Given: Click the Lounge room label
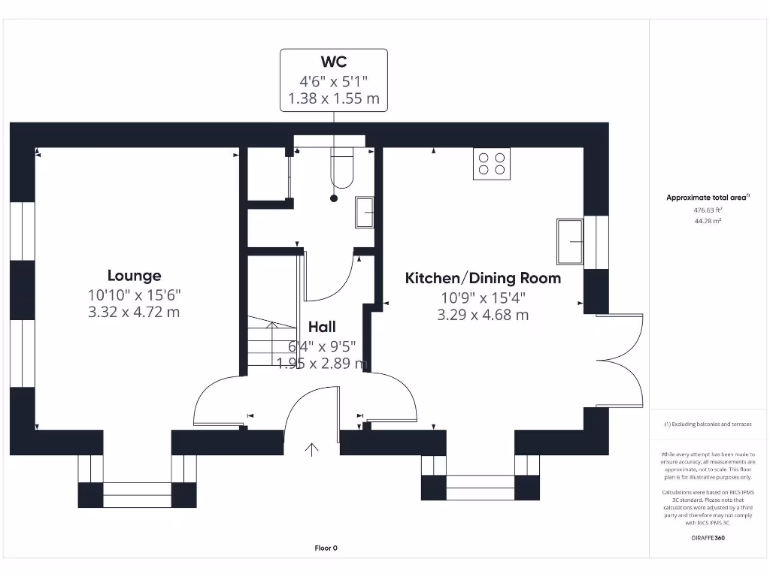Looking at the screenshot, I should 134,276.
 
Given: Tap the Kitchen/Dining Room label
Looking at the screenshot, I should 483,278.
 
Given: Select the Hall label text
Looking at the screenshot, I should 322,327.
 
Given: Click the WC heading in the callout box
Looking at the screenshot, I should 334,62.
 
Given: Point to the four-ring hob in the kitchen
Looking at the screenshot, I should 491,164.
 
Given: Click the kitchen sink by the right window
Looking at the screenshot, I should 570,241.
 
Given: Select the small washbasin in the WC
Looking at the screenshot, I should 365,212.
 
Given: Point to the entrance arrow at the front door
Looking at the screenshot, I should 311,449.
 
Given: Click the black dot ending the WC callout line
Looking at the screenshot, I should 334,198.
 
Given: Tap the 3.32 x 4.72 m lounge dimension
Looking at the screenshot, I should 134,312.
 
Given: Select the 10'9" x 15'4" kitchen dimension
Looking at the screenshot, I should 483,298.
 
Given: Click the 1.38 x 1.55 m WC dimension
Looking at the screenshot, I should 334,98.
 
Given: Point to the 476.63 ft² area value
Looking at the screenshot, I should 708,210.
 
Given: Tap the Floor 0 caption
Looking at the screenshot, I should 326,548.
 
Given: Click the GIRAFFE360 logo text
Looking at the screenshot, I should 708,538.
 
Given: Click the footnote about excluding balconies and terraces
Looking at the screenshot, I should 708,424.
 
